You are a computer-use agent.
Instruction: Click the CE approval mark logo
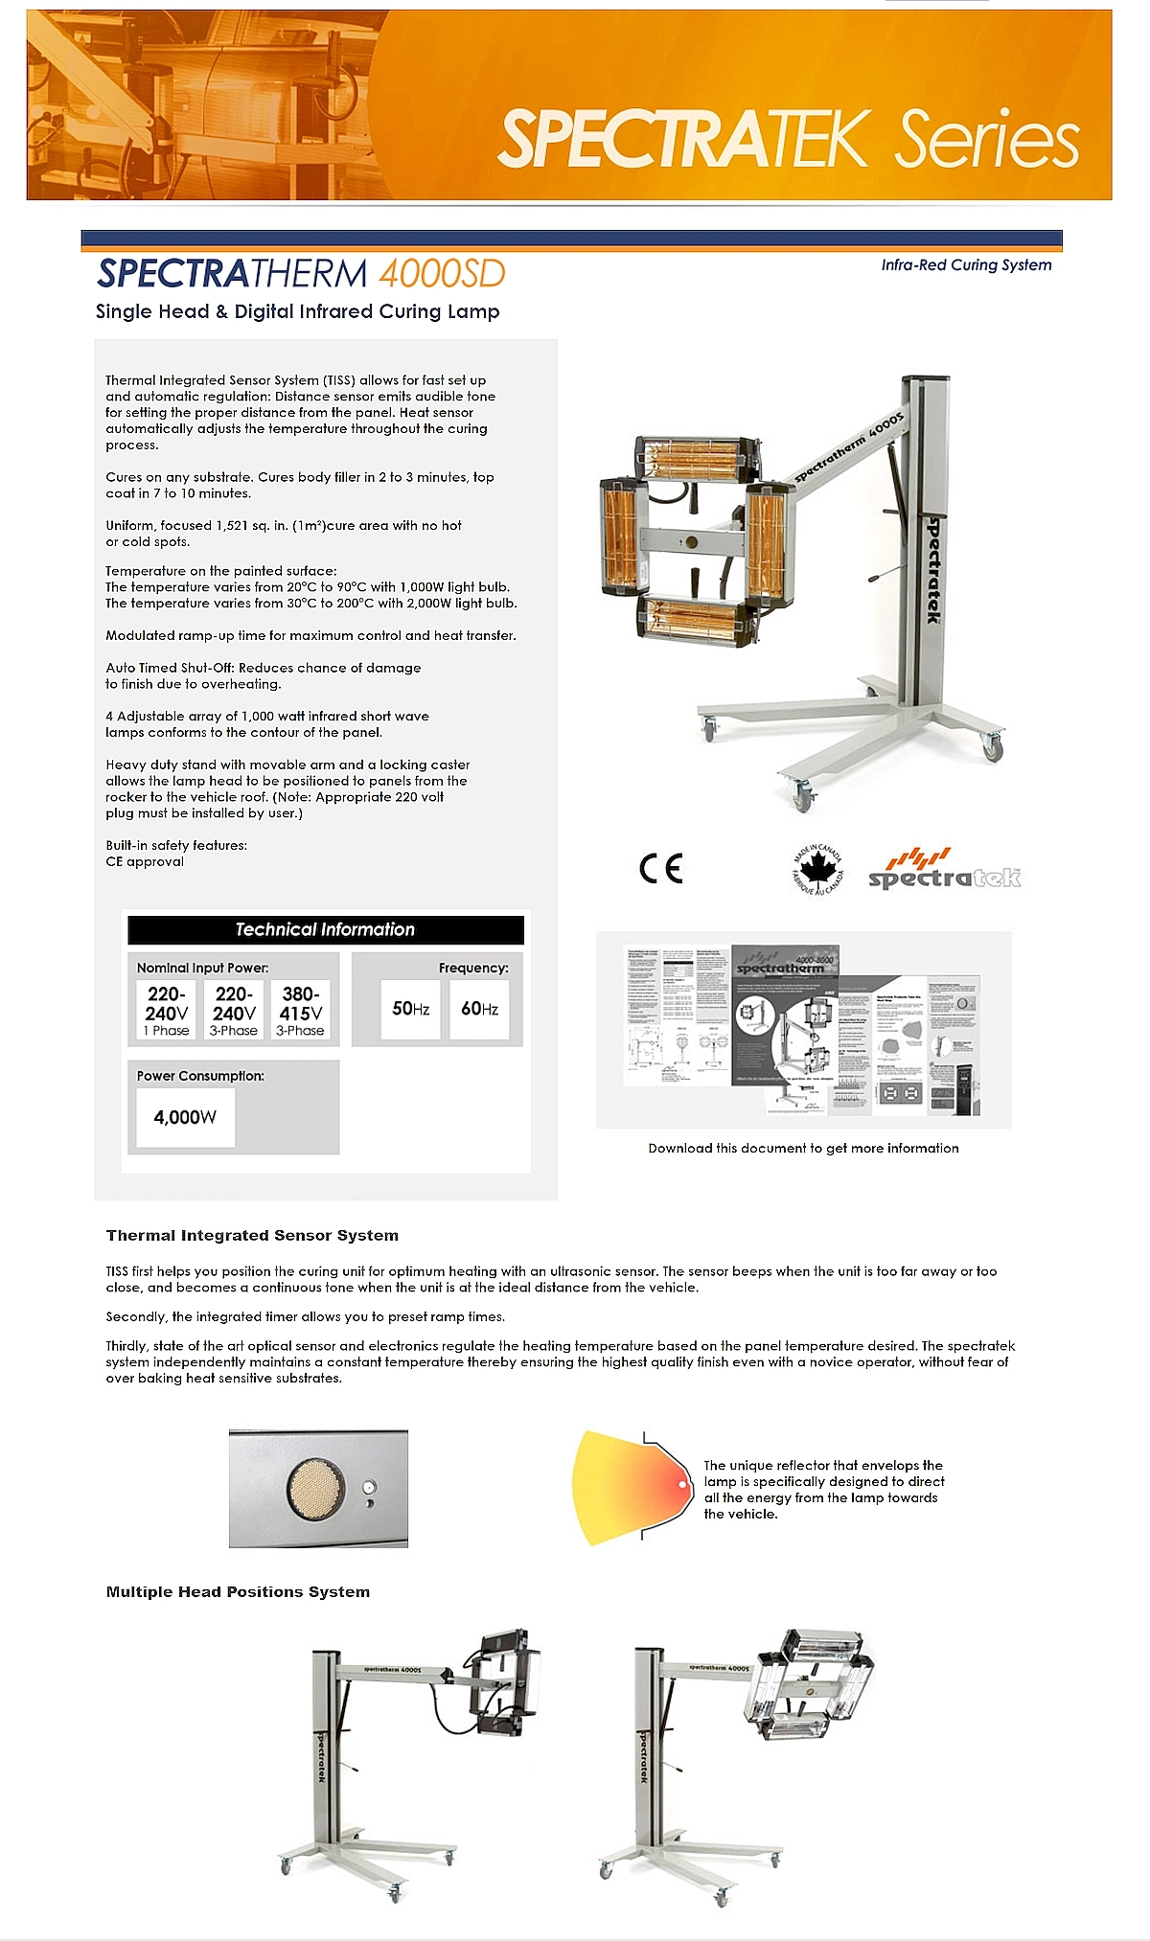click(x=660, y=868)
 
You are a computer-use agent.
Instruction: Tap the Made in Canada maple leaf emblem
click(x=818, y=869)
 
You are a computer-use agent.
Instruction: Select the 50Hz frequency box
click(x=410, y=1009)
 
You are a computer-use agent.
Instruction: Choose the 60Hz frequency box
click(x=479, y=1009)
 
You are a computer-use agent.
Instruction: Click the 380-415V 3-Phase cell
click(x=300, y=1011)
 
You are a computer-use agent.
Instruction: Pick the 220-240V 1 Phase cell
click(x=167, y=1011)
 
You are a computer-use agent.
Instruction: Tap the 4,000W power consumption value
click(x=185, y=1117)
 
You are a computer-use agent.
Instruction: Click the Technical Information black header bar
click(x=326, y=929)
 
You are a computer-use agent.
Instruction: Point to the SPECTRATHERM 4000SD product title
click(x=301, y=274)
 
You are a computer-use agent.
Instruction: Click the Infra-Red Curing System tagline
click(x=966, y=265)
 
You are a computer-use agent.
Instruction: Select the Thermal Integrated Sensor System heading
click(x=252, y=1236)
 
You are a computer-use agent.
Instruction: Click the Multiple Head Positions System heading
click(x=238, y=1592)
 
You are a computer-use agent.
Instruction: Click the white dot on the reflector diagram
click(x=682, y=1485)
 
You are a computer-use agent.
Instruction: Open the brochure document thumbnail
click(x=803, y=1029)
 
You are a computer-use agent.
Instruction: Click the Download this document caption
click(x=803, y=1149)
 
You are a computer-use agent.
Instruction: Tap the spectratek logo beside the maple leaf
click(x=944, y=870)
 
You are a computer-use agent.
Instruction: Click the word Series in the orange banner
click(x=987, y=141)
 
